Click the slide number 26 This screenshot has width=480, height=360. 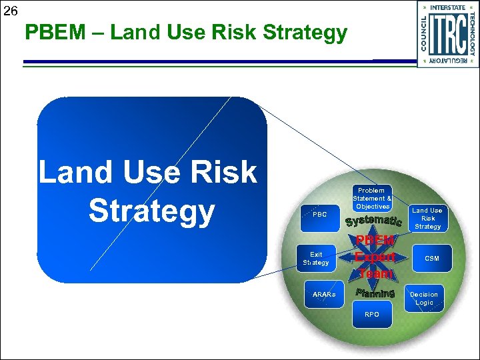(x=11, y=11)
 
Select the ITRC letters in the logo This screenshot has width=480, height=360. (x=447, y=34)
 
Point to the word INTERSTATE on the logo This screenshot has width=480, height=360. (x=448, y=8)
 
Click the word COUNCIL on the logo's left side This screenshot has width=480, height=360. (x=423, y=33)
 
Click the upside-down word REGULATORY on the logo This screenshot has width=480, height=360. (x=448, y=61)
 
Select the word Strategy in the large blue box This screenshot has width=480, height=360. (x=151, y=211)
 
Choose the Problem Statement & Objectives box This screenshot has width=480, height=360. (x=372, y=199)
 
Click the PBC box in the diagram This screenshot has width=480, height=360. (x=320, y=215)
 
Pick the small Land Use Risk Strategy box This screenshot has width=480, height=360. (x=427, y=219)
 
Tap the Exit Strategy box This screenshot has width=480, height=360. (x=316, y=259)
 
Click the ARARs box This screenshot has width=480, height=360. (x=324, y=295)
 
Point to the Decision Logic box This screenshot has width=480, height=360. (x=424, y=298)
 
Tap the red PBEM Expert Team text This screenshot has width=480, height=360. (x=375, y=257)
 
